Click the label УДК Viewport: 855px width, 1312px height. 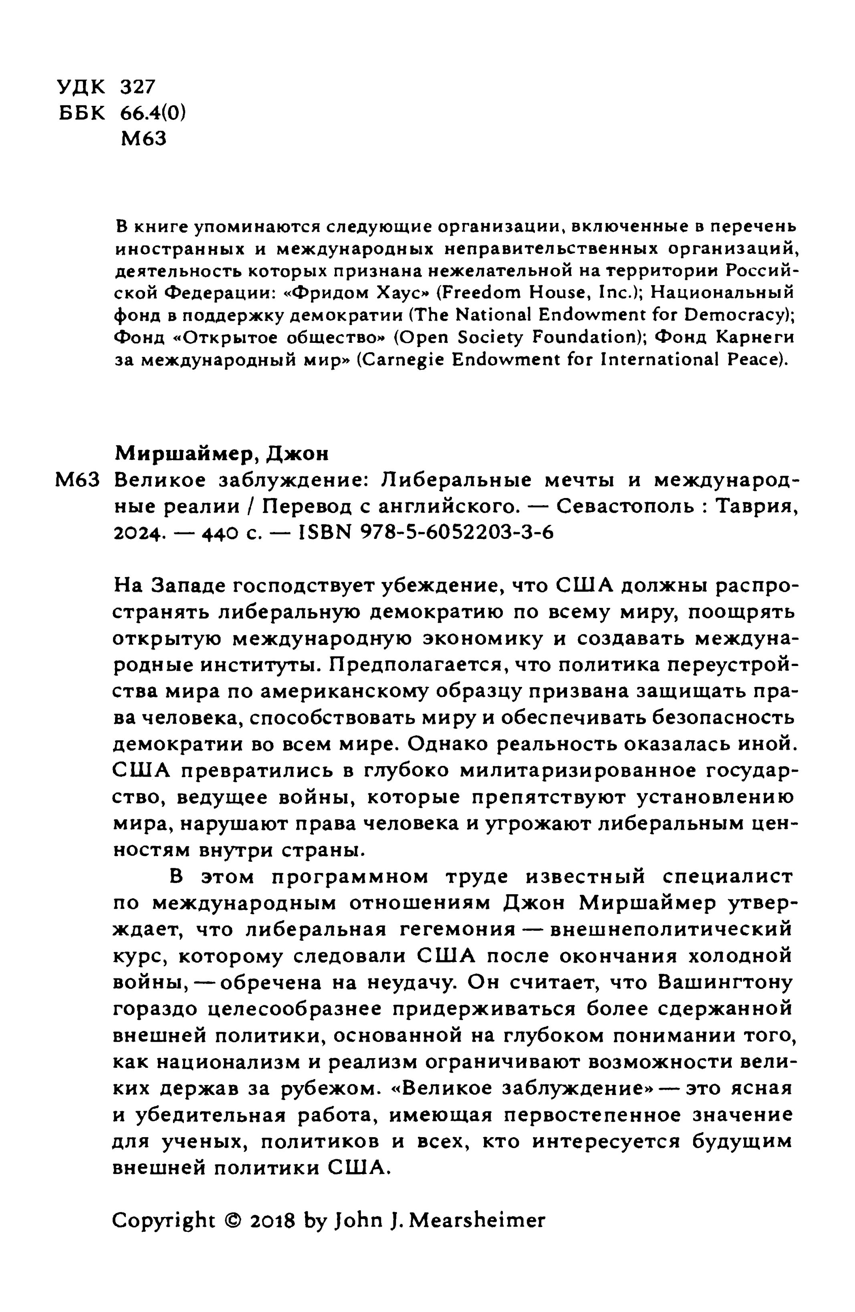[x=81, y=87]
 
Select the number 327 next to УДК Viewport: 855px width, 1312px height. [x=138, y=87]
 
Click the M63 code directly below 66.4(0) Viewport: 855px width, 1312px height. [x=143, y=138]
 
